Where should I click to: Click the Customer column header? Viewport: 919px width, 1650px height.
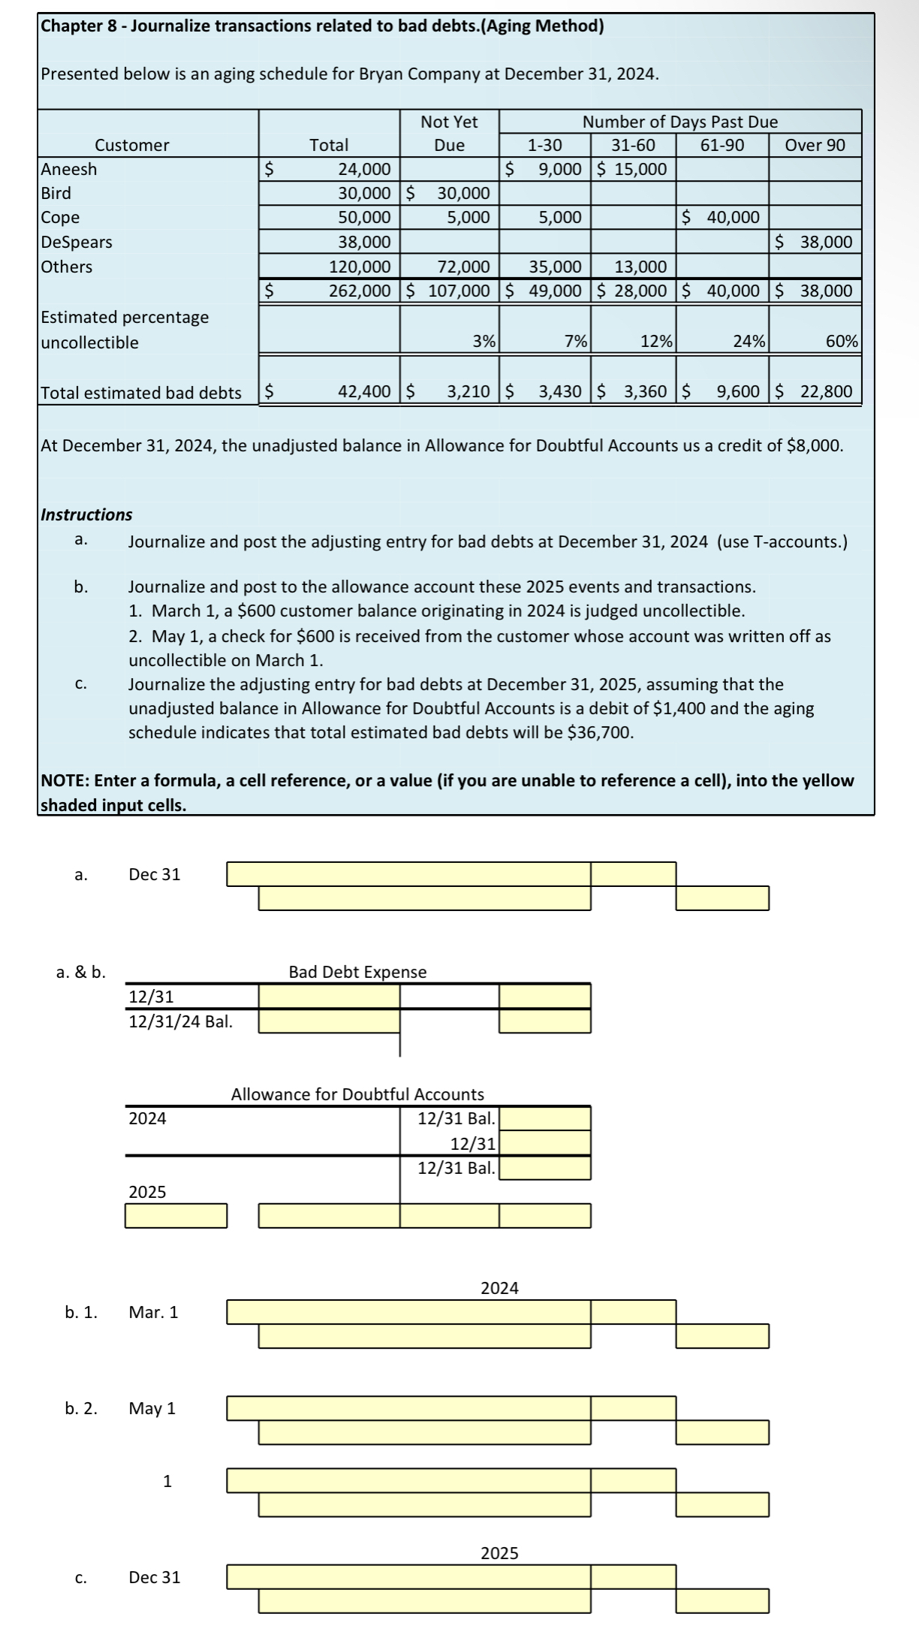click(x=132, y=145)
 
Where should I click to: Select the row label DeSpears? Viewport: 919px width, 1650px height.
click(x=77, y=242)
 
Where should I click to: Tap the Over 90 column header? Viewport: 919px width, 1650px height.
click(x=815, y=145)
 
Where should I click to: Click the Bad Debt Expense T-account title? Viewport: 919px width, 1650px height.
click(x=357, y=972)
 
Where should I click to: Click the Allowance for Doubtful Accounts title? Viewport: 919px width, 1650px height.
click(x=357, y=1094)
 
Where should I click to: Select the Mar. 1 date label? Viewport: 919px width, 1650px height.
click(x=154, y=1312)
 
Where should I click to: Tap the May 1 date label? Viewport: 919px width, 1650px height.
click(x=152, y=1408)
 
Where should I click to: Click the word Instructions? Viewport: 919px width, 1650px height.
click(x=86, y=514)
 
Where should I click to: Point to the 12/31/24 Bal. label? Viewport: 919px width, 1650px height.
click(x=181, y=1021)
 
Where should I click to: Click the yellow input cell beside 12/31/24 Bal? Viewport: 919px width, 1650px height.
click(x=329, y=1021)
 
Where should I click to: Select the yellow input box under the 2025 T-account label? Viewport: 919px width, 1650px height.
click(x=176, y=1216)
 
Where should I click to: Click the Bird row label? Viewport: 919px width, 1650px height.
click(x=56, y=193)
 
